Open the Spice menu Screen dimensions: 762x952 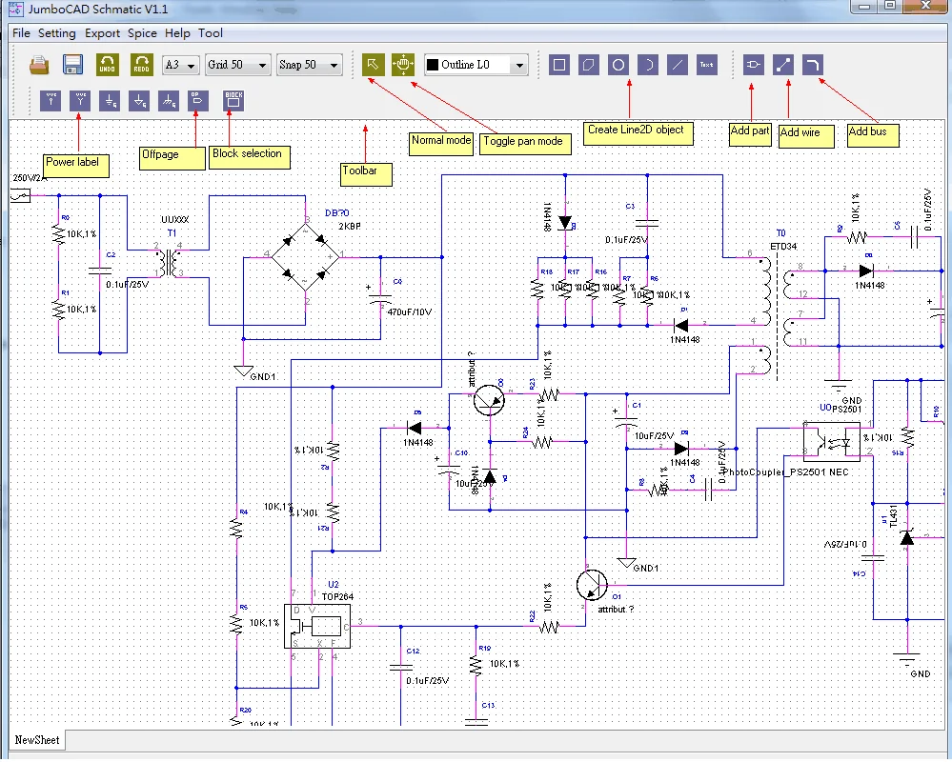(142, 33)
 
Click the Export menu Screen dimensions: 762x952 (102, 33)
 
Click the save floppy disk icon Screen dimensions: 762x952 (72, 65)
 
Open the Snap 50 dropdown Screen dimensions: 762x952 (309, 65)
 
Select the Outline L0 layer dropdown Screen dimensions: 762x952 (476, 65)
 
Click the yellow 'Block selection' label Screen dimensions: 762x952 (248, 154)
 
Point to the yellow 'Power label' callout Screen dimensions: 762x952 (75, 163)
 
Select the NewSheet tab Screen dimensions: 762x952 (37, 740)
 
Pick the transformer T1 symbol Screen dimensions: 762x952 (171, 262)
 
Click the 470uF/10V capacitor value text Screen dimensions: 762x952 (409, 311)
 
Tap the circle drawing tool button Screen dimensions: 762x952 (618, 65)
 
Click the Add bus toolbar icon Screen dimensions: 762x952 (813, 65)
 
